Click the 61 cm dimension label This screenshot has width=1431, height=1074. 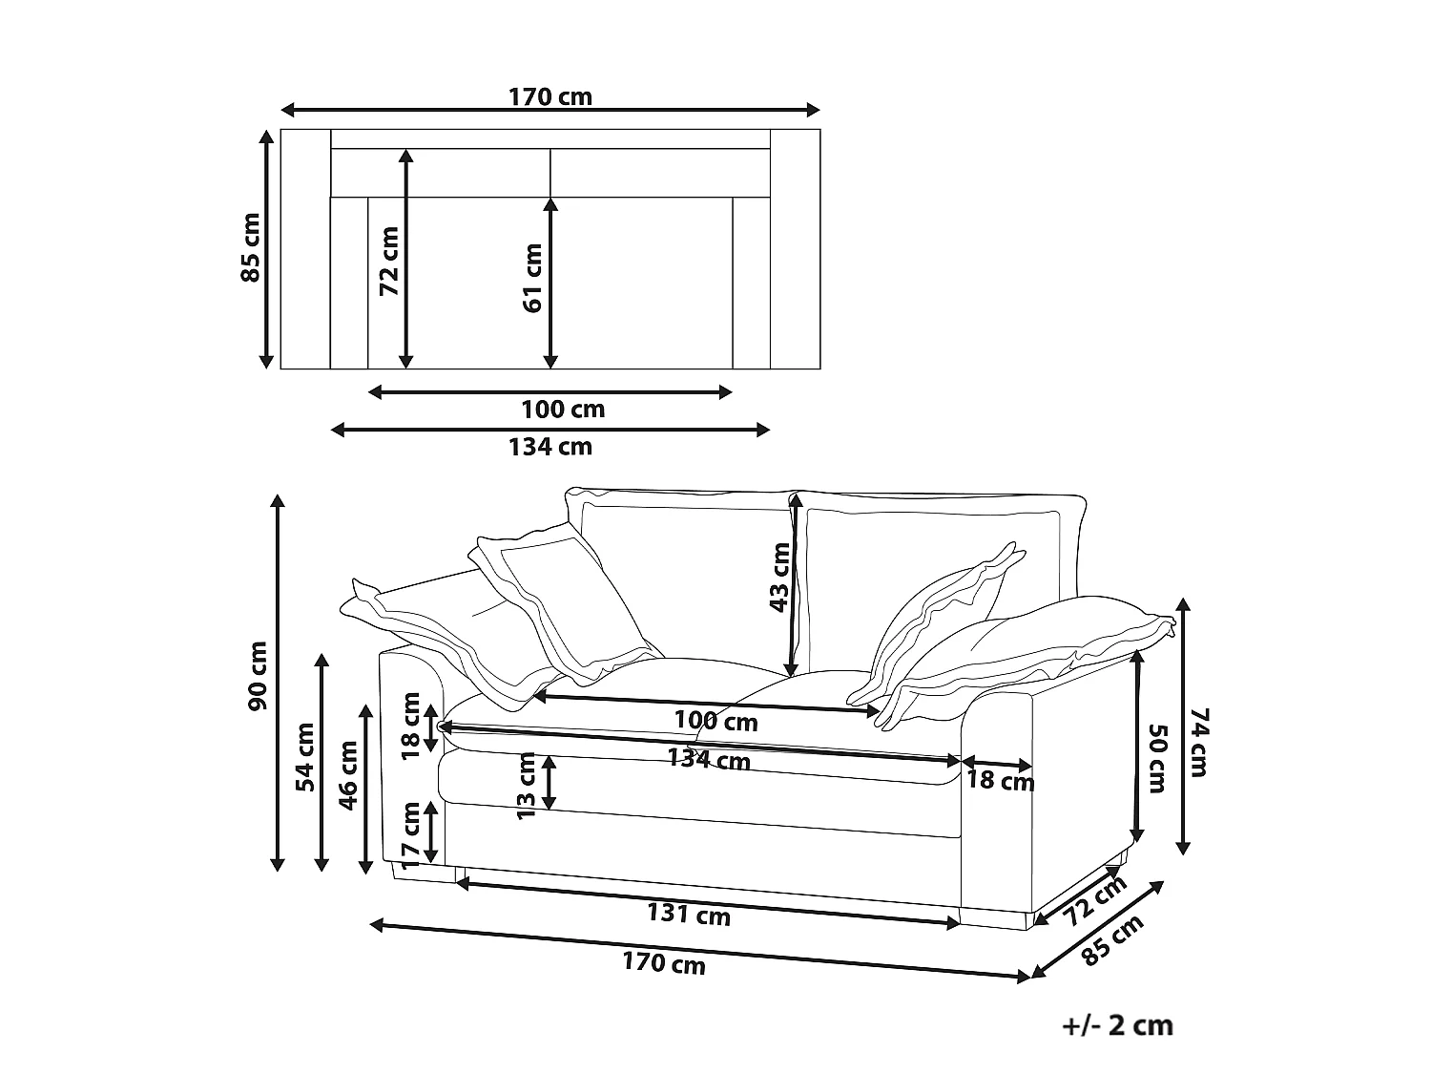coord(532,279)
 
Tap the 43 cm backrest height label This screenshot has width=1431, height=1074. coord(779,578)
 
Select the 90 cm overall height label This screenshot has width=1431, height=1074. coord(259,676)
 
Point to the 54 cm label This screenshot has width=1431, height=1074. coord(305,757)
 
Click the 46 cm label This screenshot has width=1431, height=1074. coord(349,776)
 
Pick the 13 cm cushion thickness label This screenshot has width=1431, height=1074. coord(526,785)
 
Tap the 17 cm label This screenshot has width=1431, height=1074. coord(412,836)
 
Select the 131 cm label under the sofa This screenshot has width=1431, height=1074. coord(689,915)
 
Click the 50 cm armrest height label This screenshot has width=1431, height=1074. coord(1156,758)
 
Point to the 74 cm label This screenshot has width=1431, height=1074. coord(1200,742)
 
